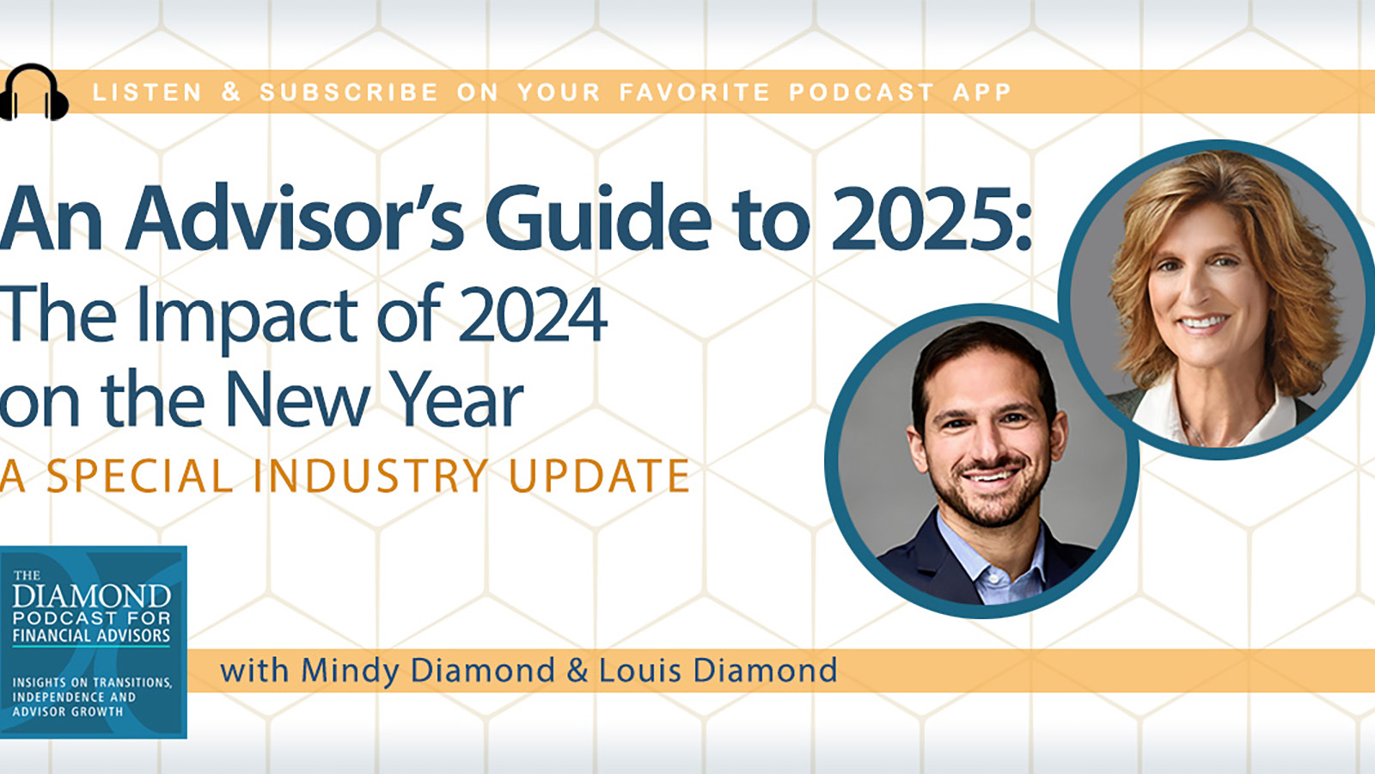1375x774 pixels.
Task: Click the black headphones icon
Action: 34,92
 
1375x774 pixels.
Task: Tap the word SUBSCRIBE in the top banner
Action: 349,92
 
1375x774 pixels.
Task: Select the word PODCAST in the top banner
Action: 861,92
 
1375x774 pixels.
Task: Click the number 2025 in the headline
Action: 923,220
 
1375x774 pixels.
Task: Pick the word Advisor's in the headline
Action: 295,218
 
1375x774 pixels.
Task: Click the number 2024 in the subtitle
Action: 532,315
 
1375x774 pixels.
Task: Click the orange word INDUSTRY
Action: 370,476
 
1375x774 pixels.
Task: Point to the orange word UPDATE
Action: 600,476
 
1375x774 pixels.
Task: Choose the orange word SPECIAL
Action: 139,476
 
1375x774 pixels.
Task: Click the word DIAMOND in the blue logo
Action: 91,595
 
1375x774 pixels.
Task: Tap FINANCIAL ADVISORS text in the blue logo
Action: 91,636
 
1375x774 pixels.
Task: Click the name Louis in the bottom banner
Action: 639,670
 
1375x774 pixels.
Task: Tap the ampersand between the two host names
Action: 577,670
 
